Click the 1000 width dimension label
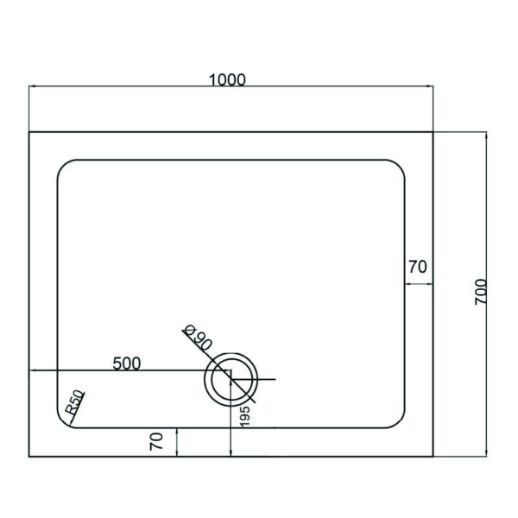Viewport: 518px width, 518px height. pyautogui.click(x=228, y=79)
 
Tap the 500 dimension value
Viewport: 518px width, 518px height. pyautogui.click(x=127, y=363)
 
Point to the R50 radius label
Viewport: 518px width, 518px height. pyautogui.click(x=74, y=404)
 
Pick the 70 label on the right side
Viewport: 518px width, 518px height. pyautogui.click(x=417, y=268)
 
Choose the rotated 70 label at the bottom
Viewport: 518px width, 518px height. pyautogui.click(x=156, y=442)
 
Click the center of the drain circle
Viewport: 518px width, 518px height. pyautogui.click(x=231, y=380)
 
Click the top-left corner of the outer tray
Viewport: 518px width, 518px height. pyautogui.click(x=30, y=132)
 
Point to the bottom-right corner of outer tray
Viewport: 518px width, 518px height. pyautogui.click(x=433, y=457)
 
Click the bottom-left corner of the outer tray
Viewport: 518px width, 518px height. pyautogui.click(x=30, y=457)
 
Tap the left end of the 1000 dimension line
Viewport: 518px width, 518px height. pyautogui.click(x=30, y=88)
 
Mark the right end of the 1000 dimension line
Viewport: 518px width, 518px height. pyautogui.click(x=433, y=88)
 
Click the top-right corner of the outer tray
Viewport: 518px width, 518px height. pyautogui.click(x=433, y=132)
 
